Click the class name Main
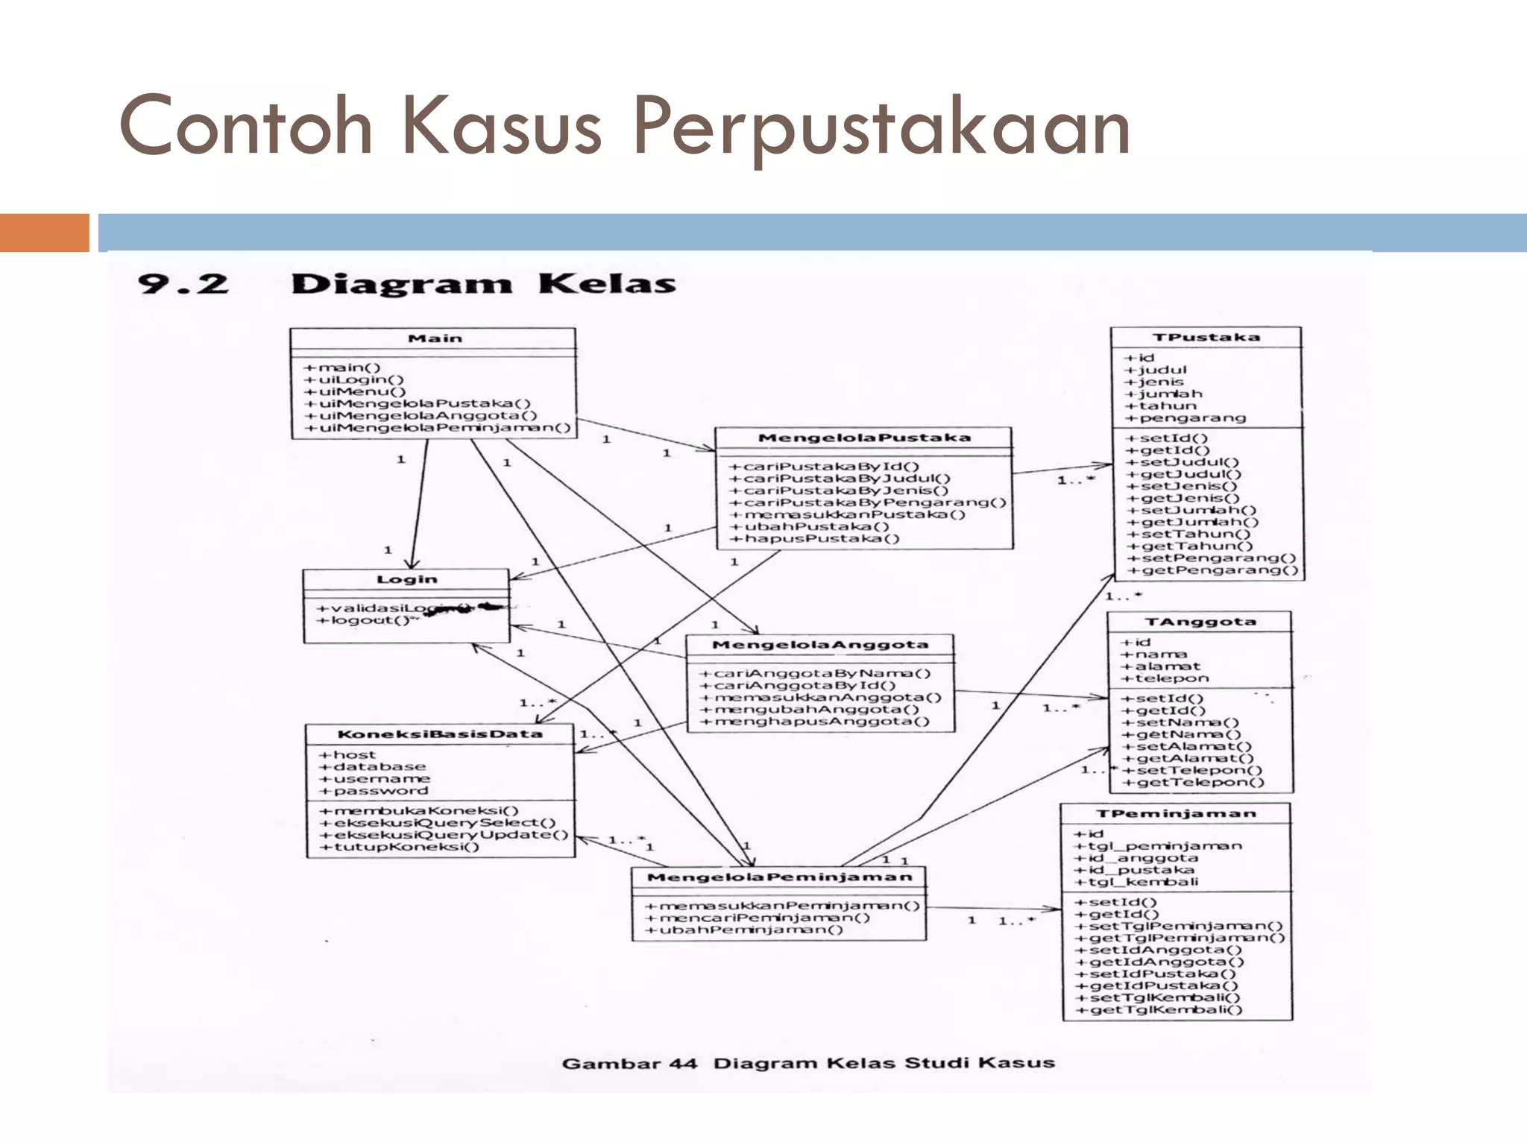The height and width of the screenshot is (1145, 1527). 435,338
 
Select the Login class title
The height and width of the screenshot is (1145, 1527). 406,579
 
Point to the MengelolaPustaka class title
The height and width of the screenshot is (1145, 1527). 864,438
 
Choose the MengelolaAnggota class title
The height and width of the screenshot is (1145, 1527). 820,645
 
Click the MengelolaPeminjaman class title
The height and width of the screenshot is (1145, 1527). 779,877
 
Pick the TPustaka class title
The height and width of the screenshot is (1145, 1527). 1206,337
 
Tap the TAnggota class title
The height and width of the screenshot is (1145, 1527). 1200,622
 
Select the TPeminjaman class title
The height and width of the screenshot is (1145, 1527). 1176,813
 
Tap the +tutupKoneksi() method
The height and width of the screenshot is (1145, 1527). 400,847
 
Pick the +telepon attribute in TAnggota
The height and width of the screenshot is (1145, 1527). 1165,678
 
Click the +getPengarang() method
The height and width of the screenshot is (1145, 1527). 1212,570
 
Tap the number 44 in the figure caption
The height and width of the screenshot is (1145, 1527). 683,1063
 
